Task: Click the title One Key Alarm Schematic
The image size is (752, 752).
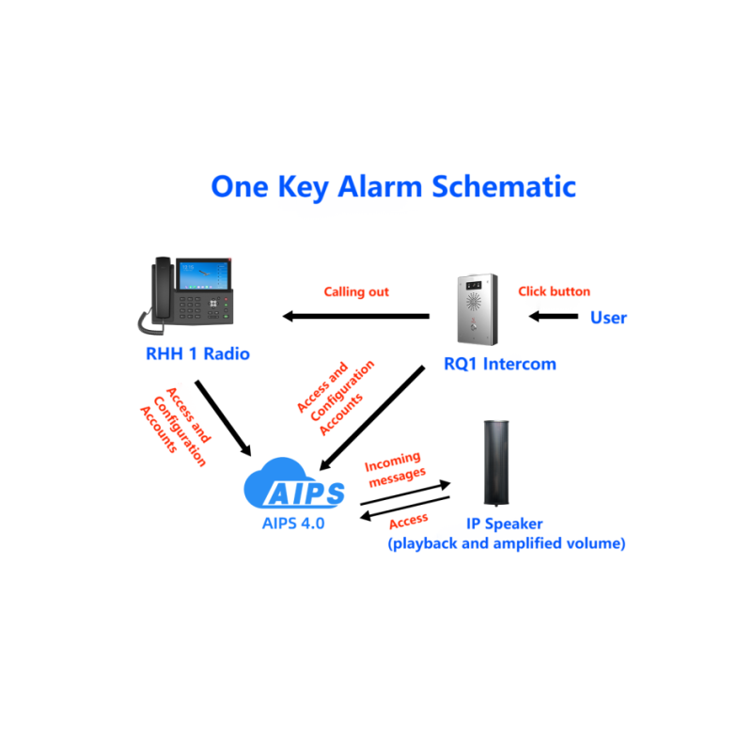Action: coord(393,187)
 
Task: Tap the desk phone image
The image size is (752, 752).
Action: coord(185,295)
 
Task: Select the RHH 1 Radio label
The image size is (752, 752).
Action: coord(197,354)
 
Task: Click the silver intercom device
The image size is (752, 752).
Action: coord(478,309)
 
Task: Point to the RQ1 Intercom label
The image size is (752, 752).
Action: coord(500,364)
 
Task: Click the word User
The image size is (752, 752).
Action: coord(608,318)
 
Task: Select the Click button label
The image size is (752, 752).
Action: coord(554,291)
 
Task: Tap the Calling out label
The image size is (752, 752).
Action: coord(356,292)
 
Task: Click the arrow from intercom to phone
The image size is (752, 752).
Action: coord(356,316)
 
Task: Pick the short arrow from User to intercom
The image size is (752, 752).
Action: coord(554,316)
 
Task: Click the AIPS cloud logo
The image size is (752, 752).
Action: coord(294,483)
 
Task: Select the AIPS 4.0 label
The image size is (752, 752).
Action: coord(293,524)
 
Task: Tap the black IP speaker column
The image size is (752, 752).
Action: coord(496,463)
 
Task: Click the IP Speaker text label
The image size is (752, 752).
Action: coord(505,524)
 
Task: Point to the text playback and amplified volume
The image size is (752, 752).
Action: coord(507,544)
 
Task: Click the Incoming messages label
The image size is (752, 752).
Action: coord(394,469)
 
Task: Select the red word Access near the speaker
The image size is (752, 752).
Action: coord(408,522)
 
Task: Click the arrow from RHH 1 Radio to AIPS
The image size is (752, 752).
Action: coord(223,418)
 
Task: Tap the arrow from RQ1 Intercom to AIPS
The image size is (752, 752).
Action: coord(371,418)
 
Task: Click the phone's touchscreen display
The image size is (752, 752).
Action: coord(204,274)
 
